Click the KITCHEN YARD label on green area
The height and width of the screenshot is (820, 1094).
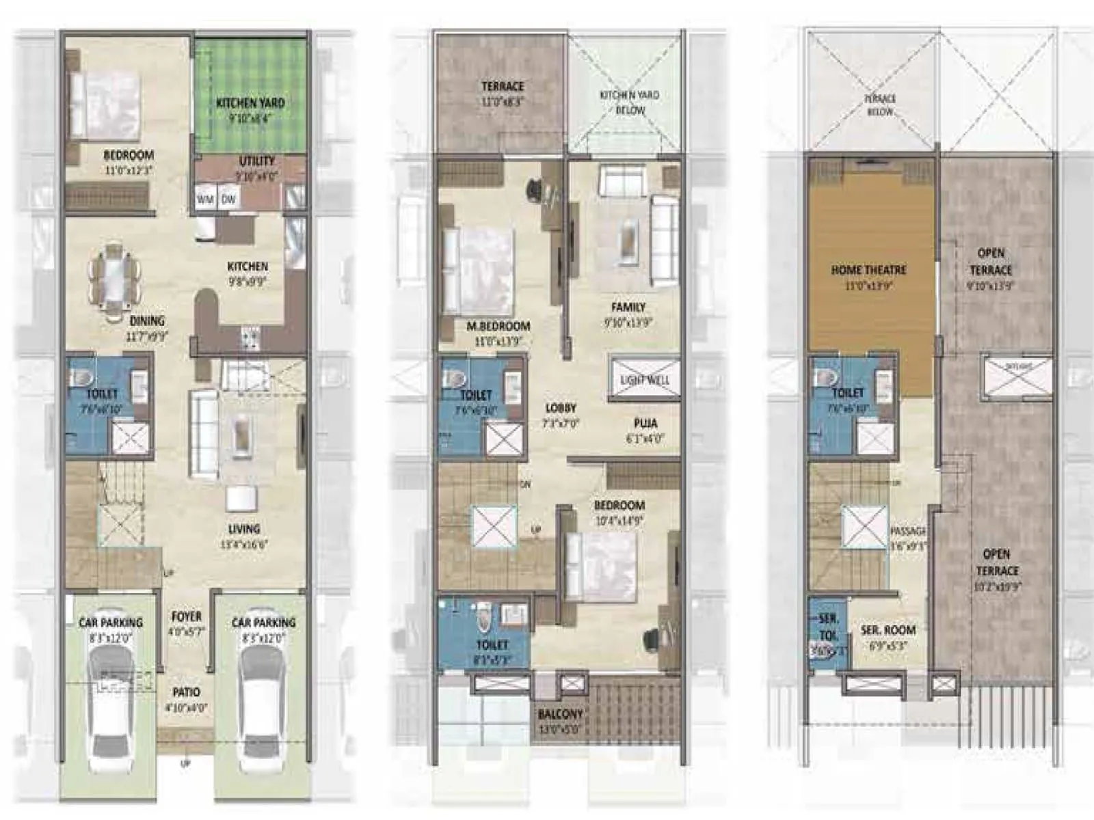[x=250, y=103]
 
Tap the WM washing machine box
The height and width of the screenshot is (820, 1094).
[x=205, y=200]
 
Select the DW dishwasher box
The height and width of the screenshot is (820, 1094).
[x=228, y=200]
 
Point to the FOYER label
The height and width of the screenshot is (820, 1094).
[x=186, y=616]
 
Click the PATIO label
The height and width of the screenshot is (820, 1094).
[x=186, y=692]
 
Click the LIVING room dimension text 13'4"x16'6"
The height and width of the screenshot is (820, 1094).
[x=244, y=545]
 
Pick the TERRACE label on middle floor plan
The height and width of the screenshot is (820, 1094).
[x=503, y=87]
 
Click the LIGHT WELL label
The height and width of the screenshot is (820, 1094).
[x=645, y=380]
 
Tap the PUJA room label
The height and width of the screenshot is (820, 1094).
[x=645, y=424]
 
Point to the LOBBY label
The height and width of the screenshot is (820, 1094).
[x=561, y=408]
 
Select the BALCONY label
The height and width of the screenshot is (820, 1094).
[x=561, y=714]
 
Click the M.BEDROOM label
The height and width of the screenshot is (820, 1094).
[x=498, y=327]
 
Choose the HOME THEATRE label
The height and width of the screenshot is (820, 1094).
[x=868, y=270]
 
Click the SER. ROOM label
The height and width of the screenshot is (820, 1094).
[x=888, y=630]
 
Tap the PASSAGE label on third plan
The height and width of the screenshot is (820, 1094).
[x=908, y=531]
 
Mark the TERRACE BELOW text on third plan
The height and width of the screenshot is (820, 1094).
[x=881, y=105]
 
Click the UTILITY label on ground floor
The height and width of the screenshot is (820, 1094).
[x=257, y=161]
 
